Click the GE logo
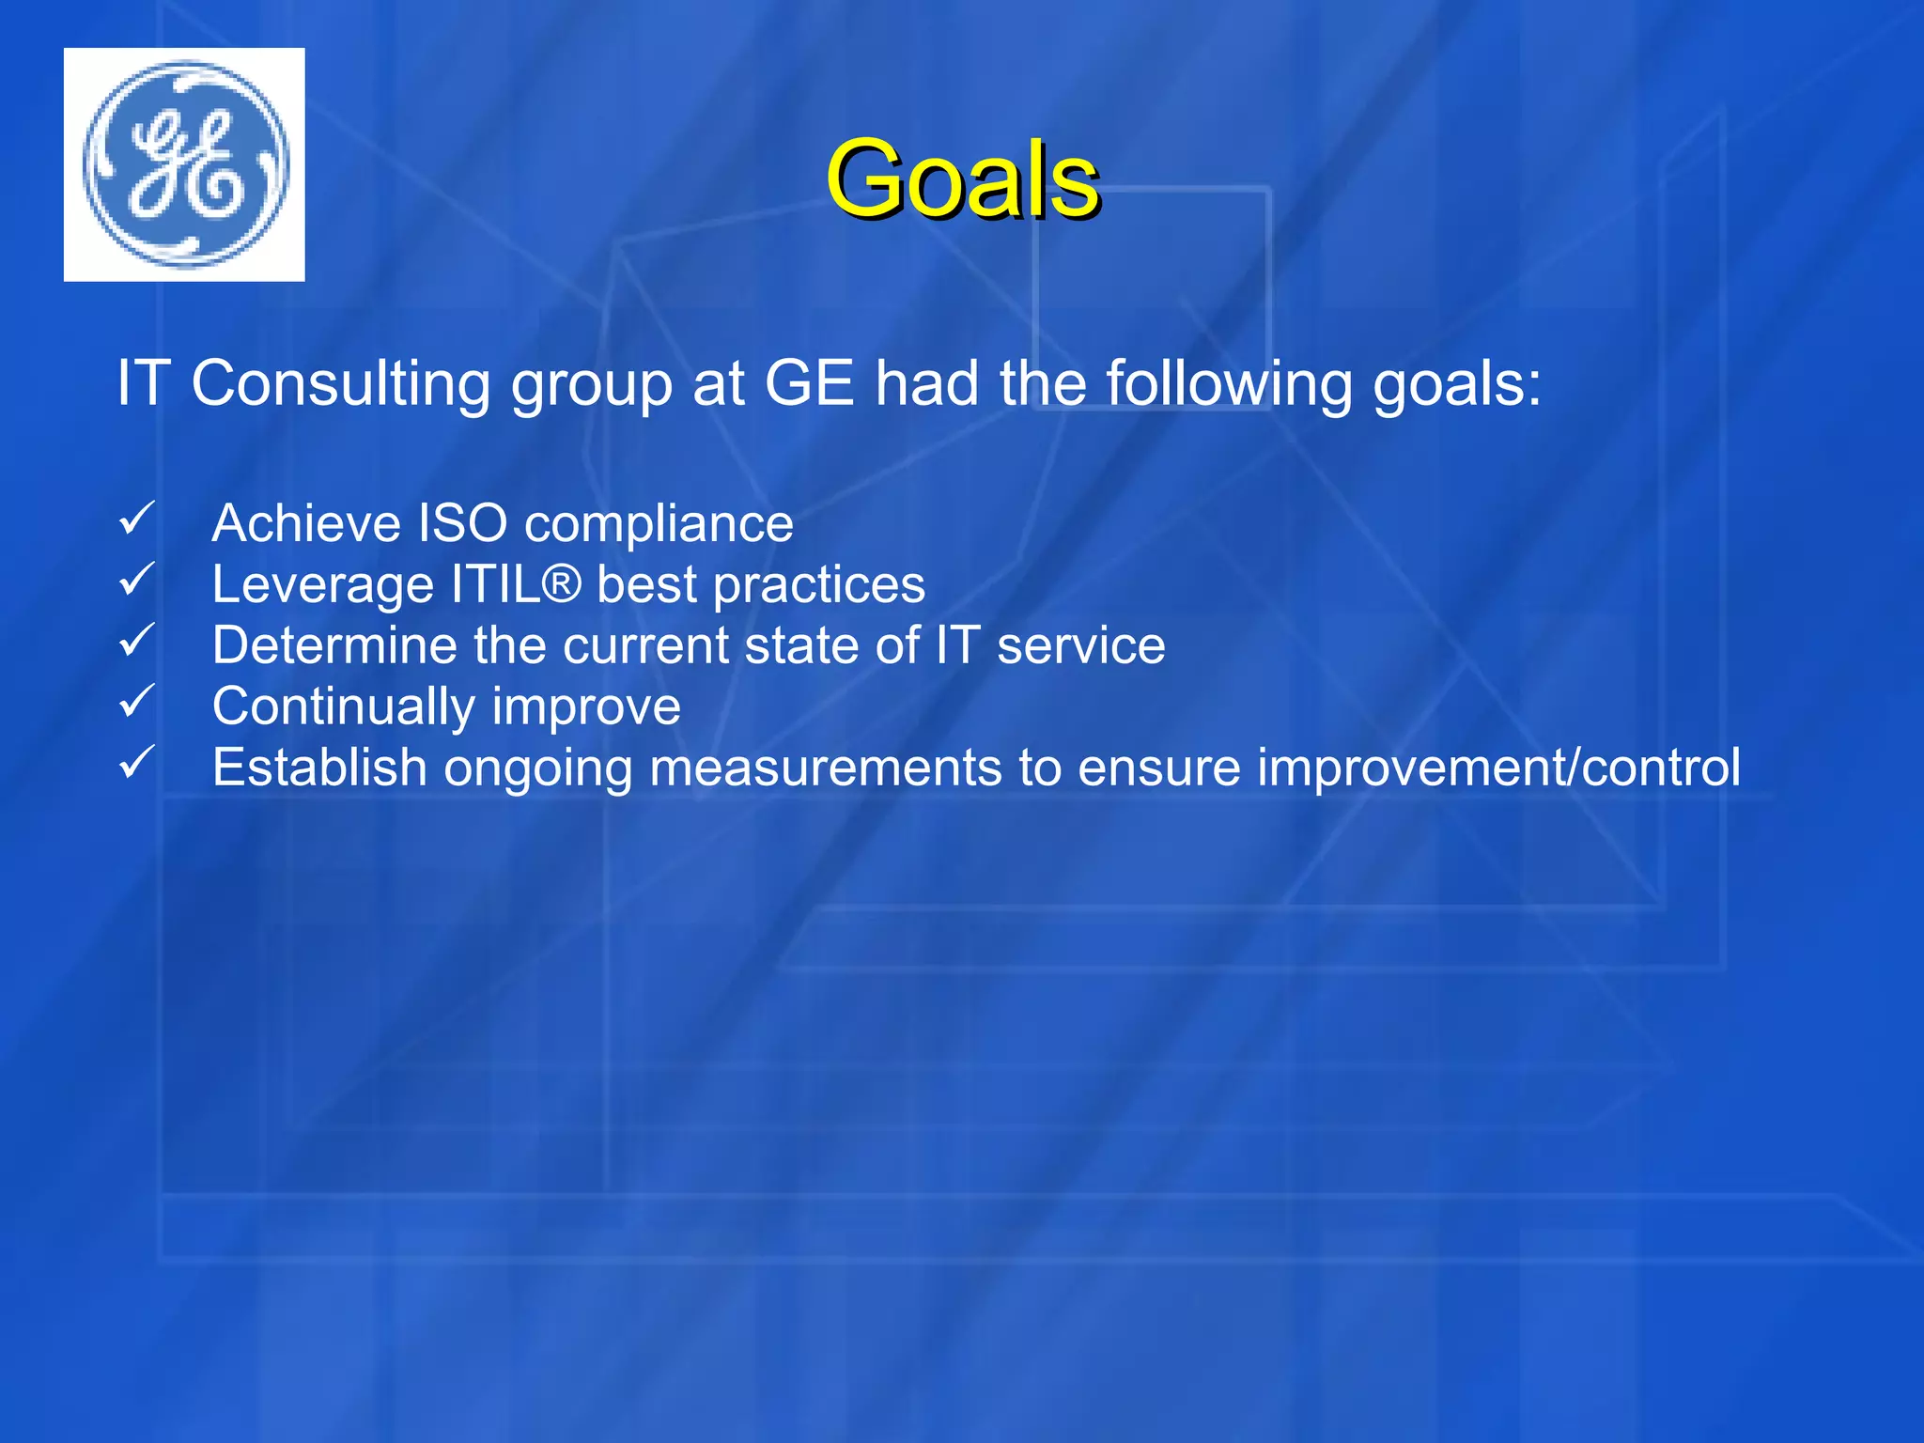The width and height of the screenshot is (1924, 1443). tap(185, 164)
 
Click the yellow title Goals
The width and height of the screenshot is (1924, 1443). tap(962, 178)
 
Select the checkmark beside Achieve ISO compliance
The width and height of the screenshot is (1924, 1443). tap(137, 519)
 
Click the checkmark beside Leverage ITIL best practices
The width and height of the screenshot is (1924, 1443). tap(137, 580)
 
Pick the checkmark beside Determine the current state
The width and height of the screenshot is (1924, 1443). tap(137, 641)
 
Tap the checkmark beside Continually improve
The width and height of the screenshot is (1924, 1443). tap(137, 702)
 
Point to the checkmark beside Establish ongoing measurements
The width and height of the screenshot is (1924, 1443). tap(137, 763)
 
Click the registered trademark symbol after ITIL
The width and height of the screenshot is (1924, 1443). tap(562, 583)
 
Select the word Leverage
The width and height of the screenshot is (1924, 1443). tap(322, 585)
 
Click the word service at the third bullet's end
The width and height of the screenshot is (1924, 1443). tap(1080, 645)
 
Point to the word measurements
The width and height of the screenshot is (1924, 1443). tap(826, 768)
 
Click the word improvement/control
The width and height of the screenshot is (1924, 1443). tap(1498, 768)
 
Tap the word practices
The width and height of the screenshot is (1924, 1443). tap(818, 585)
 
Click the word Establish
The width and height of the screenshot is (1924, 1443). tap(319, 768)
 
